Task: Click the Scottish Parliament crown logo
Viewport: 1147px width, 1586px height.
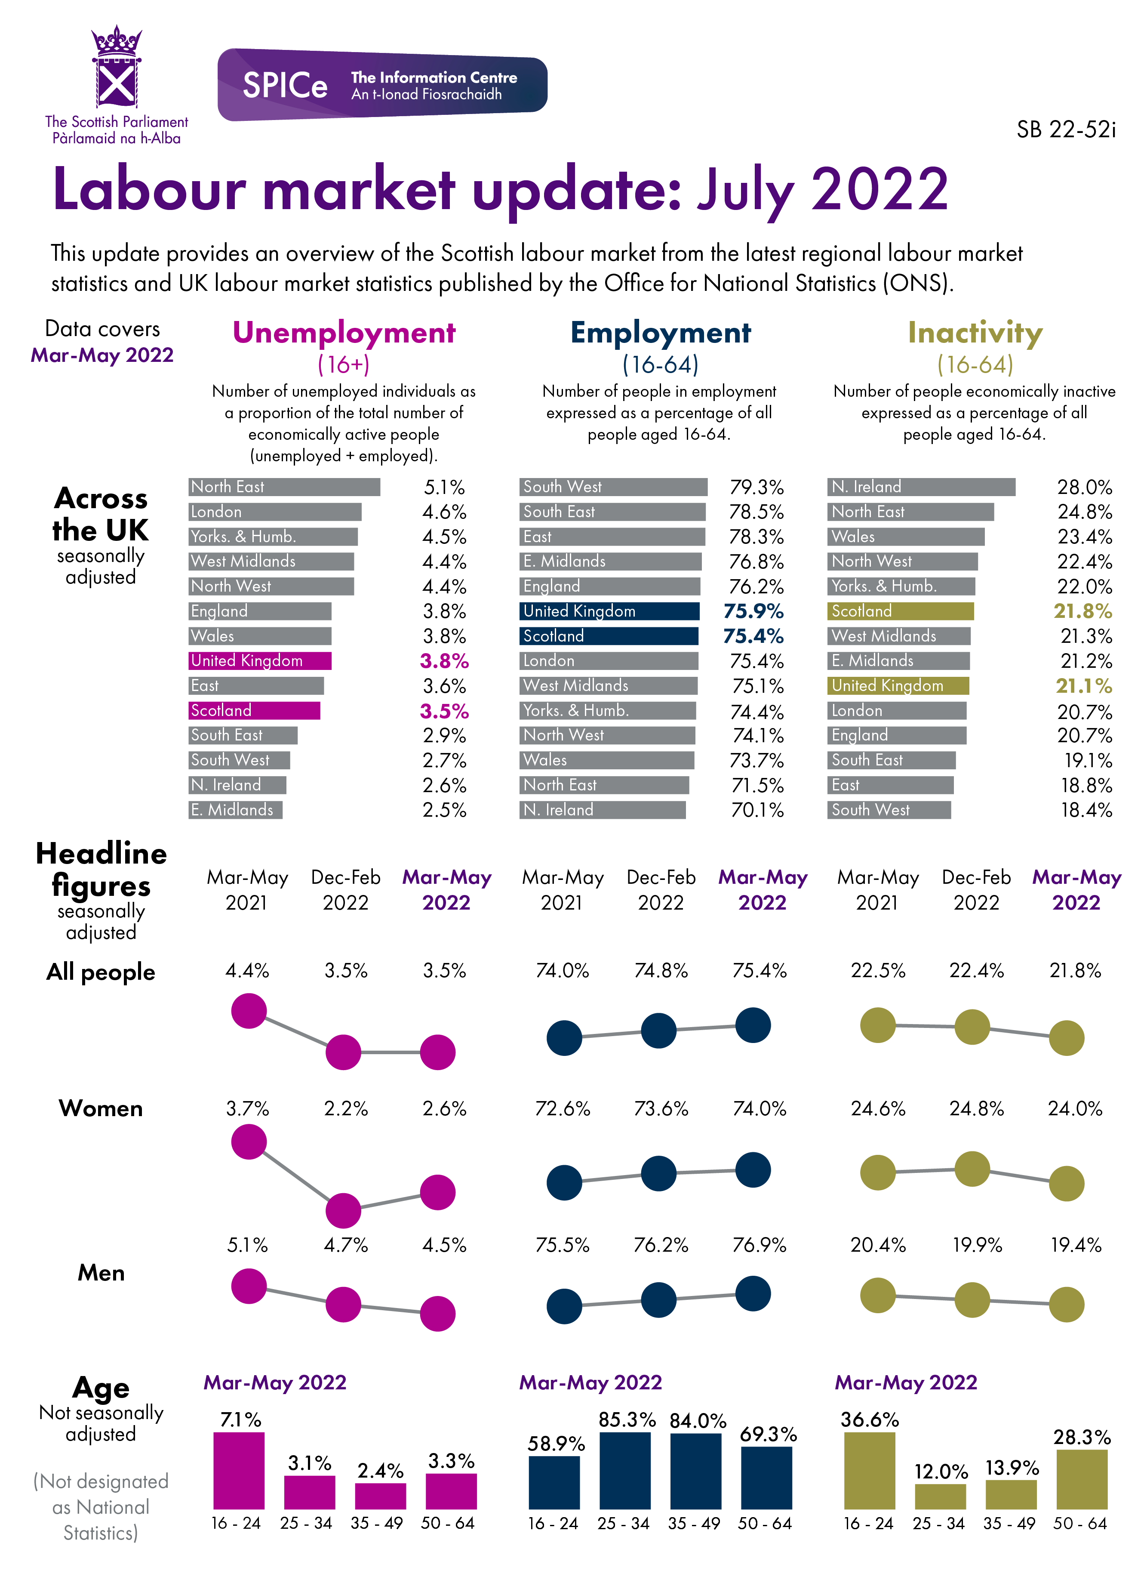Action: point(117,68)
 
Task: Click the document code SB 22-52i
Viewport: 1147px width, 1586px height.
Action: point(1065,130)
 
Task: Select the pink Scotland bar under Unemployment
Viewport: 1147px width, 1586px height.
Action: point(255,710)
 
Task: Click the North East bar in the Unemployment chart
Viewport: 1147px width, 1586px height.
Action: point(284,487)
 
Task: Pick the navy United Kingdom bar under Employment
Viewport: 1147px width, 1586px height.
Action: point(609,611)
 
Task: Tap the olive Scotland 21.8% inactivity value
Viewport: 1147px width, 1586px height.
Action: point(1082,611)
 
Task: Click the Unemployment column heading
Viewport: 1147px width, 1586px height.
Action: point(344,333)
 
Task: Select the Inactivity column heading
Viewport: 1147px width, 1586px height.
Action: point(975,333)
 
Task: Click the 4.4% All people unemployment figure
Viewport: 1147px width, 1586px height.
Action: point(247,971)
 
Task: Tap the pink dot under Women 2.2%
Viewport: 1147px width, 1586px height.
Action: point(343,1210)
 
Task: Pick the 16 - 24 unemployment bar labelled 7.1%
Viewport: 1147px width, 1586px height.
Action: point(239,1470)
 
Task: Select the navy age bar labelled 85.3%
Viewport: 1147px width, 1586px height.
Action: point(625,1470)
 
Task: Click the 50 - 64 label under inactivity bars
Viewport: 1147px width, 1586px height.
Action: point(1080,1523)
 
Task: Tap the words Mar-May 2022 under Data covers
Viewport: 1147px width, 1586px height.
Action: point(102,355)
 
